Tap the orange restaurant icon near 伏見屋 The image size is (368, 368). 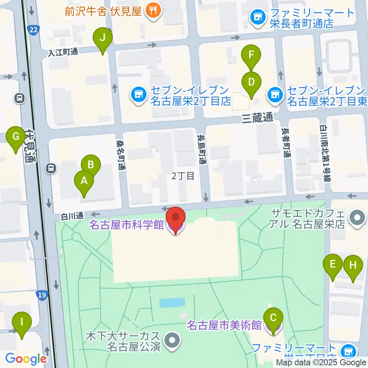click(x=153, y=11)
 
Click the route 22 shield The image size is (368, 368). click(x=34, y=29)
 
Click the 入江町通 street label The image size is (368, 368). click(x=63, y=53)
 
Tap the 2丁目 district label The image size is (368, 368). click(x=182, y=176)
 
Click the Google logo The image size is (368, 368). click(x=26, y=359)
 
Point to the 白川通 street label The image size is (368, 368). click(x=72, y=216)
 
